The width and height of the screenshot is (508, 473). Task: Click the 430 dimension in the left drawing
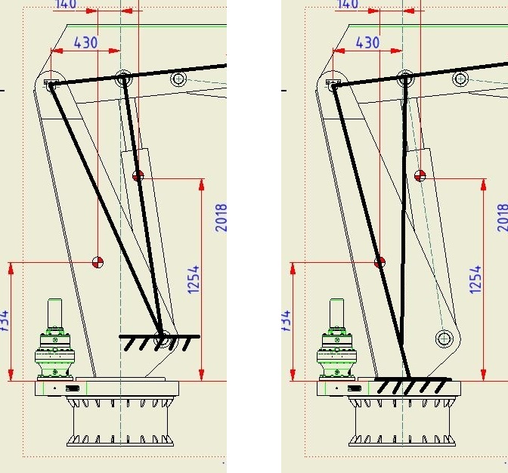85,43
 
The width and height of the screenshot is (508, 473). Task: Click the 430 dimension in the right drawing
367,43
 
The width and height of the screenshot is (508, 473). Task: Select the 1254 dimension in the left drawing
194,280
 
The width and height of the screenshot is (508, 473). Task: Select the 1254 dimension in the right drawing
475,280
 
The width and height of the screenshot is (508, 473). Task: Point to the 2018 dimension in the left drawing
221,218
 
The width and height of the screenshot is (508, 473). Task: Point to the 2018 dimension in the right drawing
503,218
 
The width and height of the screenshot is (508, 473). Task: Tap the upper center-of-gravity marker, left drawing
138,176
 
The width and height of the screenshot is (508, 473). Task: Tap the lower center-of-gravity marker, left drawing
98,262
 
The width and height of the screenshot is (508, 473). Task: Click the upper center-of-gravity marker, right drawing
420,176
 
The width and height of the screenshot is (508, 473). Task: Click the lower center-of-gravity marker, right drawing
380,262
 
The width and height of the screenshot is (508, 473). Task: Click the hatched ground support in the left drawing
159,342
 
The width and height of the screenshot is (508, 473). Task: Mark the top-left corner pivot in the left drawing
51,85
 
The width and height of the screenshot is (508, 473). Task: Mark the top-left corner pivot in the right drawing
333,85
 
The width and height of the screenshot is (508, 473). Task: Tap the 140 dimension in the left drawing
67,4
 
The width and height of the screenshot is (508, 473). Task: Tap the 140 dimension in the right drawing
348,4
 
